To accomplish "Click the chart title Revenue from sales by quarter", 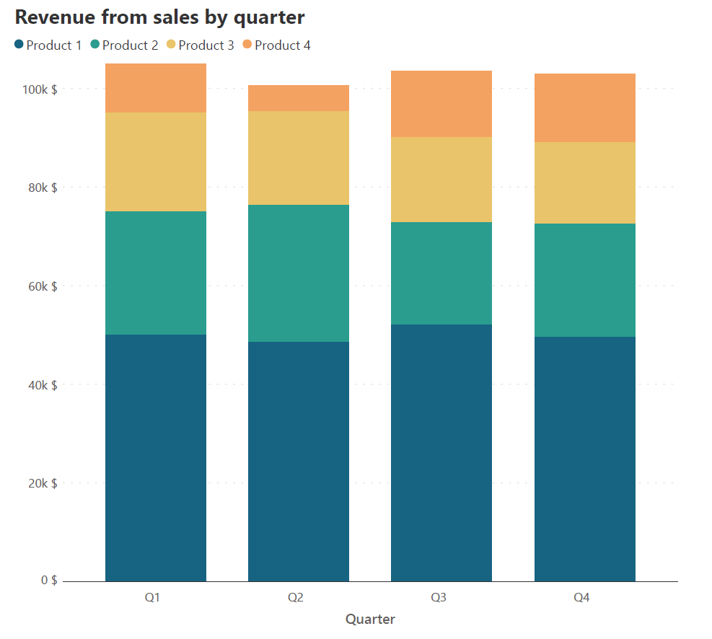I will point(159,17).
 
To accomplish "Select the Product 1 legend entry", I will point(48,45).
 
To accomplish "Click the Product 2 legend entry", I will point(124,45).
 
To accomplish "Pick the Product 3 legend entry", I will point(200,45).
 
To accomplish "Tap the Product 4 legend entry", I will point(276,45).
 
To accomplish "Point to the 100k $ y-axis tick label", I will point(39,89).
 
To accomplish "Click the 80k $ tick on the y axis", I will point(42,188).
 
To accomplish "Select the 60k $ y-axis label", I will point(42,286).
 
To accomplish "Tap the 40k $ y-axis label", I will point(42,385).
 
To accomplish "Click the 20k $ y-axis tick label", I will point(42,483).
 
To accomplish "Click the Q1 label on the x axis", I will point(152,598).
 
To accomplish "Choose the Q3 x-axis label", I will point(439,598).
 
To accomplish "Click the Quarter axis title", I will point(370,620).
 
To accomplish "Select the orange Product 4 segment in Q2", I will point(299,98).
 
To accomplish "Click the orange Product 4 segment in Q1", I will point(156,88).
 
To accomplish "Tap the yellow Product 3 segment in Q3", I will point(441,180).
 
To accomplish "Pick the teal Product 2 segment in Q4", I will point(585,280).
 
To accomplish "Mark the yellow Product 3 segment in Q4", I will point(585,182).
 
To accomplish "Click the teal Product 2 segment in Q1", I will point(156,273).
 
